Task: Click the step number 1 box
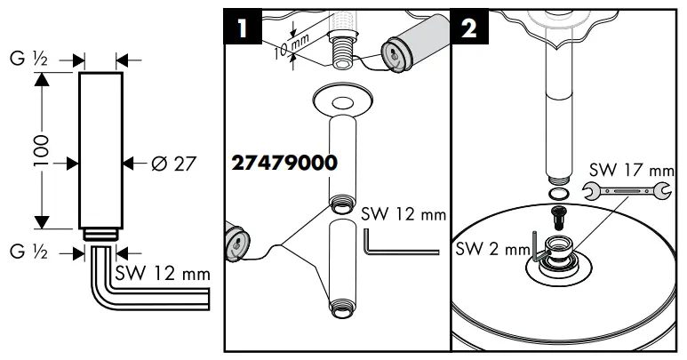(242, 28)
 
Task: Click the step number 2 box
(467, 28)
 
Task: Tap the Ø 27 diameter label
(173, 164)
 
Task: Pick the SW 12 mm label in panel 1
(403, 215)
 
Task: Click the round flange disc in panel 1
(344, 100)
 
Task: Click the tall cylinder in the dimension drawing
(98, 150)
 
